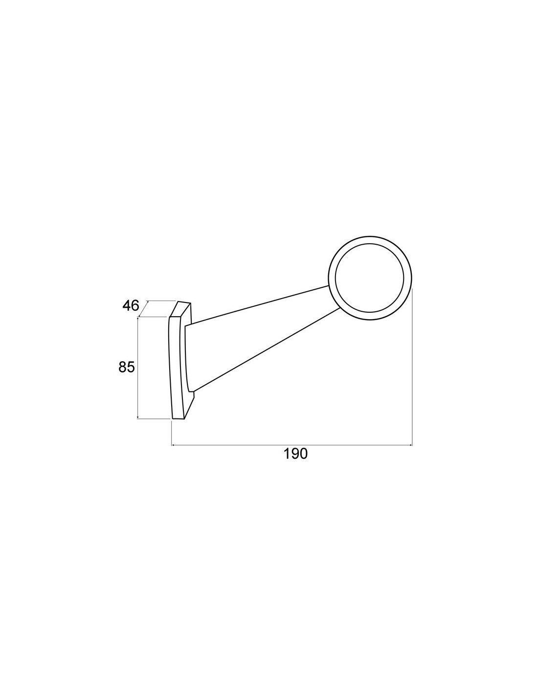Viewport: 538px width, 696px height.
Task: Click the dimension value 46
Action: point(131,305)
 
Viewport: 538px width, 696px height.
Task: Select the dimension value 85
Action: point(126,367)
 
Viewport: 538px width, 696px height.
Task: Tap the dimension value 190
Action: point(295,454)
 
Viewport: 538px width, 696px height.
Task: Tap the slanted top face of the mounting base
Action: point(180,308)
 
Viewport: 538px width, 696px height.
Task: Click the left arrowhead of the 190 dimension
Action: point(174,445)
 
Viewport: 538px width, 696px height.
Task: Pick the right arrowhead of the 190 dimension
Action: point(410,445)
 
